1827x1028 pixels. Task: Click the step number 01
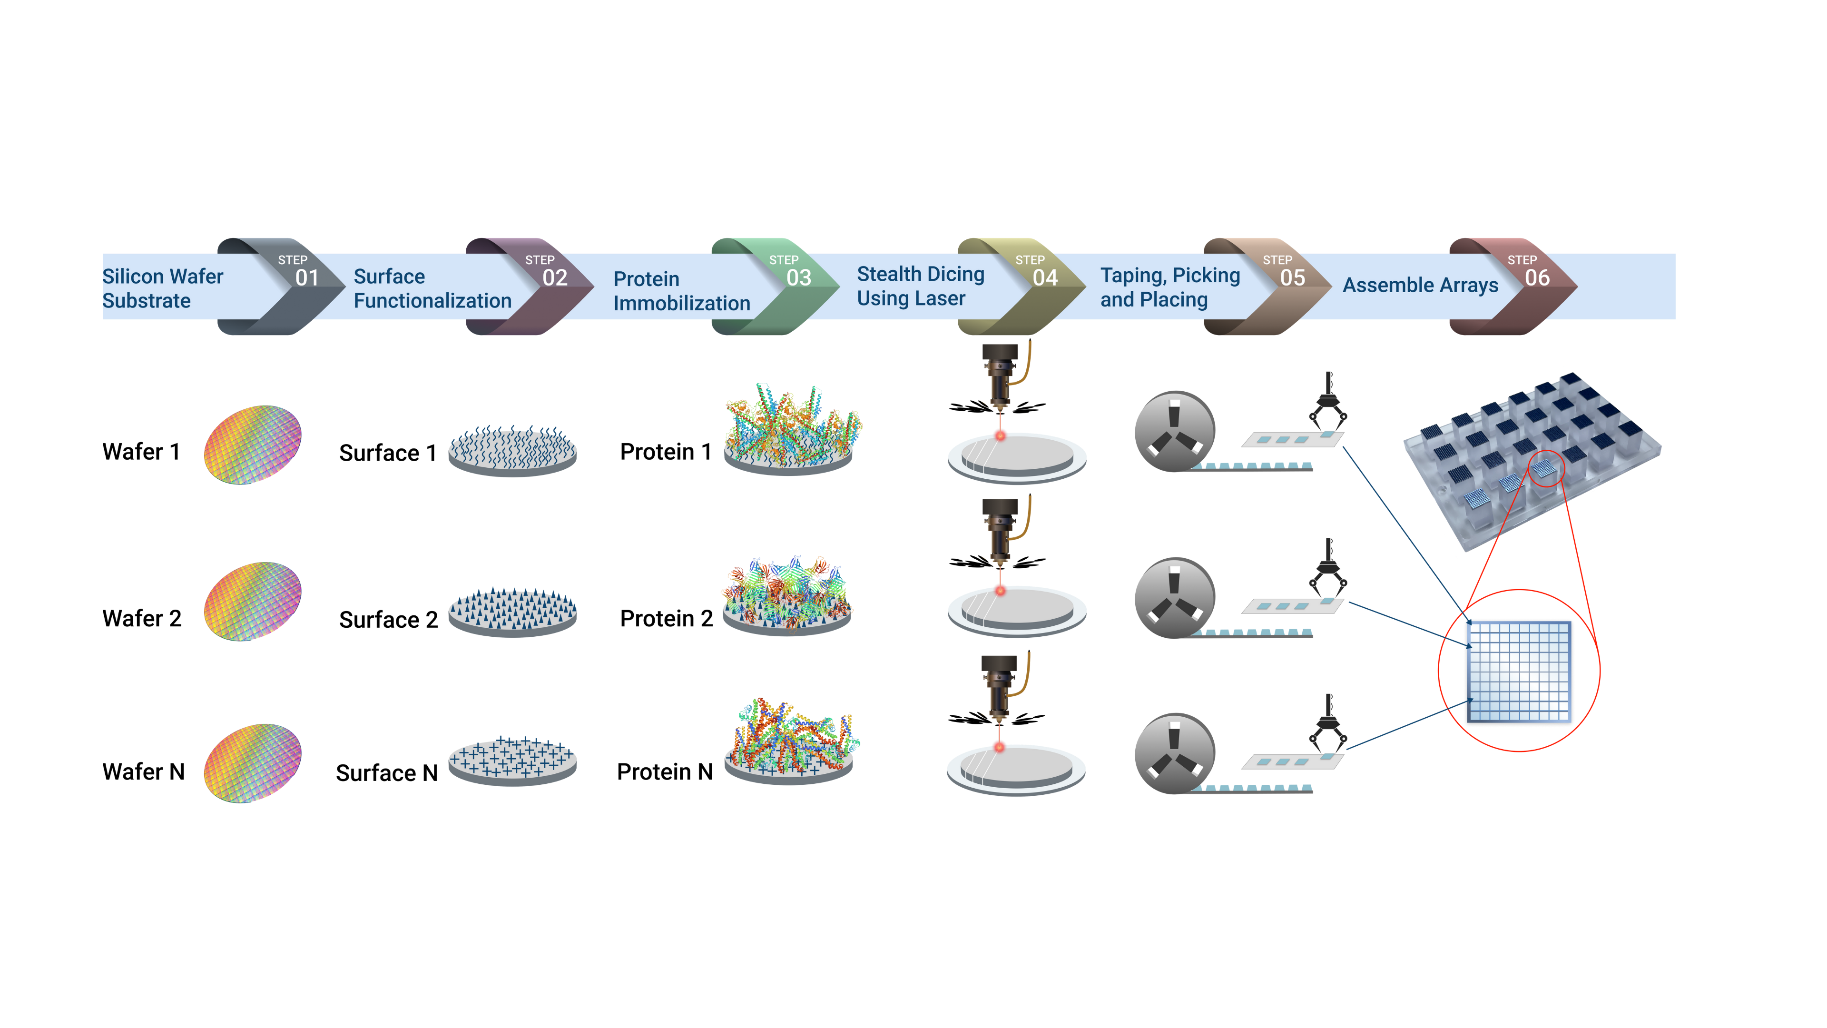point(306,277)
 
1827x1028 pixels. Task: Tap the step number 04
point(1045,277)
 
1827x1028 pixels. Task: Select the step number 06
point(1537,277)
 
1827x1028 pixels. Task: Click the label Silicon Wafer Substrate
point(162,288)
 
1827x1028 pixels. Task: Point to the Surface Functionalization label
point(432,288)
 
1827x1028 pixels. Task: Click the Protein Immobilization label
point(681,291)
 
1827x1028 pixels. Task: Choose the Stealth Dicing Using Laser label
point(920,286)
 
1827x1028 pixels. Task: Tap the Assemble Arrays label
point(1420,285)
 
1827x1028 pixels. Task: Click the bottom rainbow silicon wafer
point(253,762)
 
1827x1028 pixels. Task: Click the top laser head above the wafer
point(1001,376)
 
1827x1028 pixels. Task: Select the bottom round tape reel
point(1174,753)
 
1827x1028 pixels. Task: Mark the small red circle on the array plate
point(1546,468)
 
